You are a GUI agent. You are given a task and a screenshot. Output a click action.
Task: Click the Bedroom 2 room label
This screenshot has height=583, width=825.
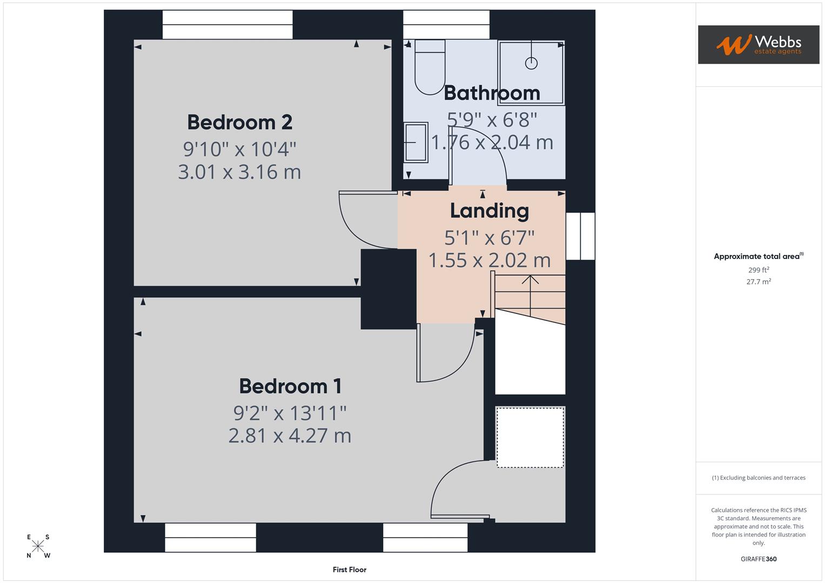tap(239, 123)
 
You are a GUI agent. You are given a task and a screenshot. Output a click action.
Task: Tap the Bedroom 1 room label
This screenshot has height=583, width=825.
tap(290, 387)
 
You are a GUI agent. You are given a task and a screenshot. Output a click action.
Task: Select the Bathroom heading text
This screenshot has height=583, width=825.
tap(492, 93)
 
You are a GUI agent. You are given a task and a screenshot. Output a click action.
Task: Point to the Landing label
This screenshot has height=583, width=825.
tap(489, 211)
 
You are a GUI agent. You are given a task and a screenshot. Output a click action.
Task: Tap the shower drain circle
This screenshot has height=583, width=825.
tap(531, 63)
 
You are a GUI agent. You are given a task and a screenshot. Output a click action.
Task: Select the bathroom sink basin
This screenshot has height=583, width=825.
tap(415, 142)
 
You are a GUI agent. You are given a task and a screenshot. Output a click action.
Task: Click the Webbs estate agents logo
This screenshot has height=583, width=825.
tap(758, 44)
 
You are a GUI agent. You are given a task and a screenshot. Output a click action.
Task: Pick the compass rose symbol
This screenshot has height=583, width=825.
tap(38, 546)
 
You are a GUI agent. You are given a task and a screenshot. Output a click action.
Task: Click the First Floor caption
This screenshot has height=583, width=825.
tap(350, 570)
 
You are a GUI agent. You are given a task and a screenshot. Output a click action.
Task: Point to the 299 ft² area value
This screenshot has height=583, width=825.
tap(758, 270)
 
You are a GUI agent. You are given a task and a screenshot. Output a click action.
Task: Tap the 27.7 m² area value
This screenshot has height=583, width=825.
tap(758, 282)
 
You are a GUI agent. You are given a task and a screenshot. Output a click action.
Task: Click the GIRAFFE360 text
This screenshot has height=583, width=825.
tap(758, 559)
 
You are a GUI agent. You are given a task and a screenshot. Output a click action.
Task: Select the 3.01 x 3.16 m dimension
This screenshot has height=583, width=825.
tap(239, 172)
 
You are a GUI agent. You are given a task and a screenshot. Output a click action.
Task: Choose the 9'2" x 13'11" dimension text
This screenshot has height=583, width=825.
tap(290, 413)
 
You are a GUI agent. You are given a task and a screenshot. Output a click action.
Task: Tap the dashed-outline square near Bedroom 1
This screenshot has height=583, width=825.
tap(530, 437)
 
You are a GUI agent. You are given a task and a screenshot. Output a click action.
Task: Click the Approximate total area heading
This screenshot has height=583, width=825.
tap(758, 256)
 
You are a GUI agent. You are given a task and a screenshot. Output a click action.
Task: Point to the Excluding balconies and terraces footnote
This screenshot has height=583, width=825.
tap(758, 478)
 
